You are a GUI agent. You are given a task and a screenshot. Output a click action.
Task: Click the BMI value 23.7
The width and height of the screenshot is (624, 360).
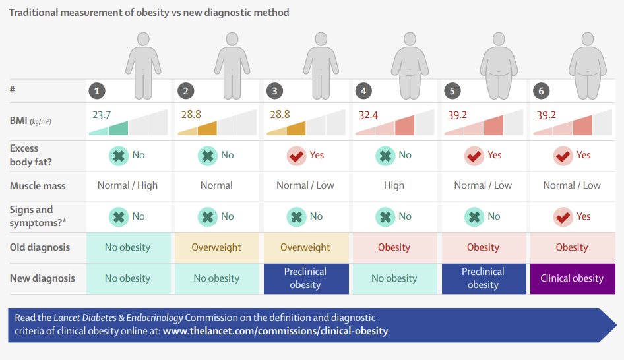click(x=102, y=115)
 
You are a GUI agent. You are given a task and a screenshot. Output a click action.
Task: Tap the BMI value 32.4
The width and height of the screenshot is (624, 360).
click(x=368, y=115)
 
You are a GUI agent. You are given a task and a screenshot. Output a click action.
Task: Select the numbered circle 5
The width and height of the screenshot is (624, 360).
click(x=452, y=91)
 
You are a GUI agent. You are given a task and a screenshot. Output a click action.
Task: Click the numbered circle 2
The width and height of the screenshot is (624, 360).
click(x=185, y=91)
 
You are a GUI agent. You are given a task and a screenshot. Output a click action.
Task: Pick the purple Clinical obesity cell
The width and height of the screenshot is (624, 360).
click(x=573, y=278)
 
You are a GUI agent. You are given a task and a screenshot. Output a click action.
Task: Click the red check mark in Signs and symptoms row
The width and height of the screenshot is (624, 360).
click(x=563, y=217)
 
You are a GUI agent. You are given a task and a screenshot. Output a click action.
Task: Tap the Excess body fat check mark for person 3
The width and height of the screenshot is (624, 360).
click(x=296, y=156)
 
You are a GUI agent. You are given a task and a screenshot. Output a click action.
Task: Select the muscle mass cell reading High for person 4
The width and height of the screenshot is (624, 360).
click(x=394, y=185)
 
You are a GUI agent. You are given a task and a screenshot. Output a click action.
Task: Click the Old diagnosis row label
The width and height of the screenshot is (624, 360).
click(x=40, y=247)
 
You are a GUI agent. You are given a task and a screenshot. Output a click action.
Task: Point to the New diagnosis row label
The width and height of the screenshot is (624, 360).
click(x=42, y=278)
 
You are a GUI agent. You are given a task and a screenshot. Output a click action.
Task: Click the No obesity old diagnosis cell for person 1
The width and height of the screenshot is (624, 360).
click(x=128, y=247)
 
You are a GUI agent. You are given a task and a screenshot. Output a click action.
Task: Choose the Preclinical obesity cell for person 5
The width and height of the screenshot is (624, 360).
click(x=484, y=278)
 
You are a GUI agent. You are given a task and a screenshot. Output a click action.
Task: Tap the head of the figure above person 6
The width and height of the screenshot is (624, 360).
click(x=587, y=39)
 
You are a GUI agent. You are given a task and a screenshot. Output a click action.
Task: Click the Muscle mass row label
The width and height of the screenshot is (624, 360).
click(x=38, y=186)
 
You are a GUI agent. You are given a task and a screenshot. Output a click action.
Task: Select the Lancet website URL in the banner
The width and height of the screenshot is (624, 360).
click(x=275, y=331)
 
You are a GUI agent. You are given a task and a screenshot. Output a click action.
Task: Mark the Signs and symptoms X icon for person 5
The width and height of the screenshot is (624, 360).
click(x=474, y=217)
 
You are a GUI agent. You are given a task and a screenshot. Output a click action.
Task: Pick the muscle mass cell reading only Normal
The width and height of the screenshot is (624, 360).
click(x=216, y=185)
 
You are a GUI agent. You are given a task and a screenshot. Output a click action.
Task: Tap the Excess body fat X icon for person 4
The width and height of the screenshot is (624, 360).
click(x=385, y=156)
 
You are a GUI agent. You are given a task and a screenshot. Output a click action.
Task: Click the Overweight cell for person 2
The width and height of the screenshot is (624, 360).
click(x=217, y=247)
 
